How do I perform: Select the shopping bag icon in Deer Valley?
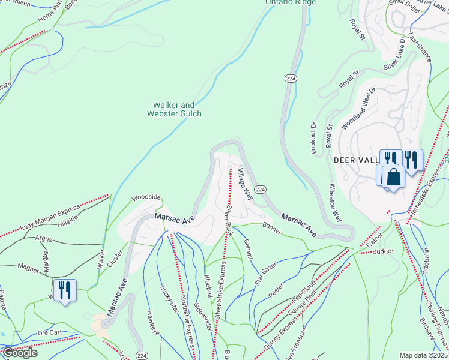(394, 178)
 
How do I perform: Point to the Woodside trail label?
(146, 197)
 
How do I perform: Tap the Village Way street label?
(244, 184)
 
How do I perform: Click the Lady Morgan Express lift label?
(50, 217)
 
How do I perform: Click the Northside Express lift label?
(185, 322)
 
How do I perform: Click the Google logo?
(20, 353)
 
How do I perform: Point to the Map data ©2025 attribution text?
(424, 355)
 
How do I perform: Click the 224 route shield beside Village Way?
(260, 189)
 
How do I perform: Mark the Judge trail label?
(382, 252)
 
